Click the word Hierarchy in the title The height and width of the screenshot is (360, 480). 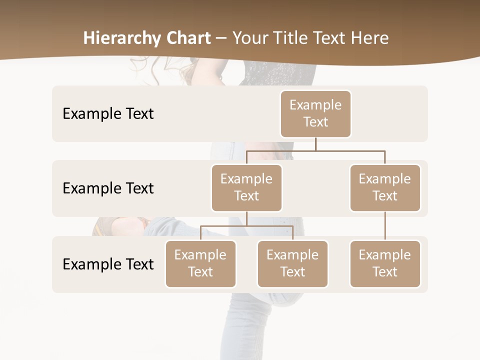(x=121, y=38)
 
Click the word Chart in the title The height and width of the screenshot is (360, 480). (x=187, y=38)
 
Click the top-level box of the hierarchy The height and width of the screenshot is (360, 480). (x=315, y=114)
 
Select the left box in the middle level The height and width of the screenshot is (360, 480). (x=246, y=188)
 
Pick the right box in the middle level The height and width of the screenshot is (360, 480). (x=385, y=188)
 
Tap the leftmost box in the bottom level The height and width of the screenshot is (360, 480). (x=200, y=264)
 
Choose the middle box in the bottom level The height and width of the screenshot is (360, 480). (x=292, y=264)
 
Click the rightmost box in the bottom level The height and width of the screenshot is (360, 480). (x=385, y=264)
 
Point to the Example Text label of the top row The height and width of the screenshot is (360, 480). (x=108, y=114)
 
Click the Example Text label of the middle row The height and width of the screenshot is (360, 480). (x=108, y=188)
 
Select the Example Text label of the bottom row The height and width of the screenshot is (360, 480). (x=108, y=264)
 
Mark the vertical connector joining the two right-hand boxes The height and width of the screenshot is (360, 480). (x=385, y=226)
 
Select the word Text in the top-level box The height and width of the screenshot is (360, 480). (x=315, y=122)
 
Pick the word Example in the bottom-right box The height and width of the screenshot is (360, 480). (x=385, y=255)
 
